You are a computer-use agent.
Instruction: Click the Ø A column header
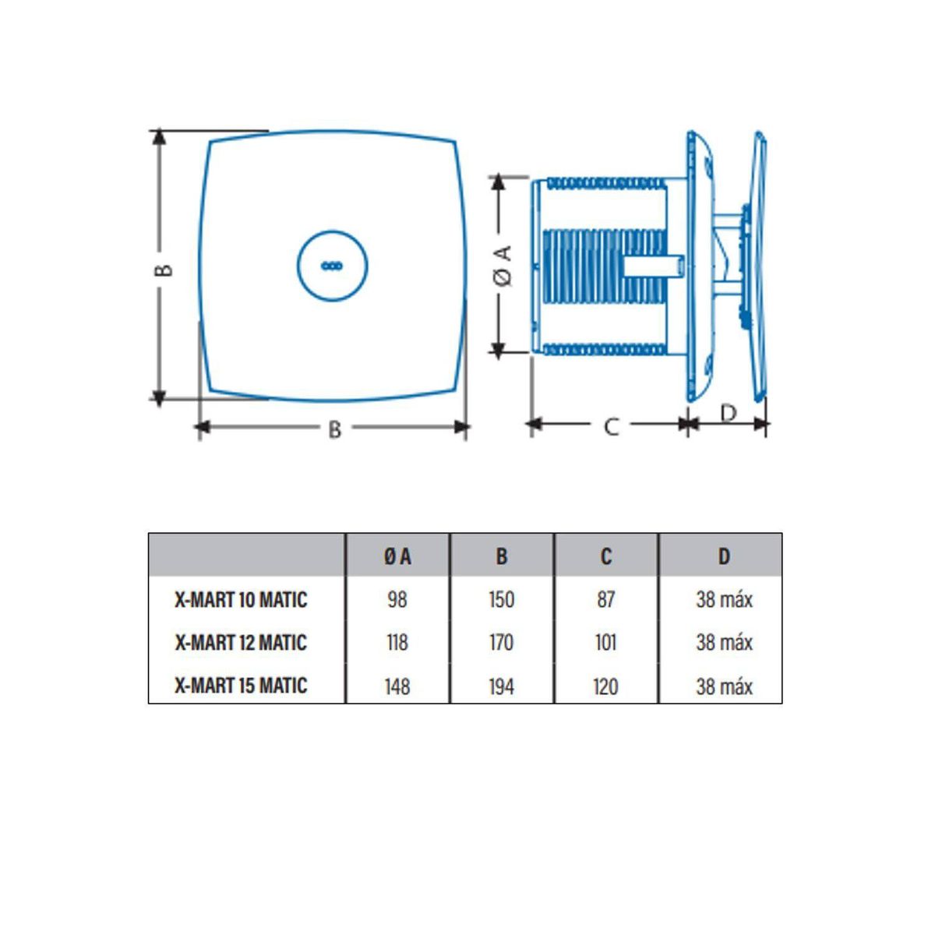397,556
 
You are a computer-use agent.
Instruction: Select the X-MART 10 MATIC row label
241,600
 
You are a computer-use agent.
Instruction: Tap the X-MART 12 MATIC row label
241,643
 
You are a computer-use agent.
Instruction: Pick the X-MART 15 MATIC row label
241,686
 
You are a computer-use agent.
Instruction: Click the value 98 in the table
397,600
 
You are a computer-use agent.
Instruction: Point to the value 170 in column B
501,643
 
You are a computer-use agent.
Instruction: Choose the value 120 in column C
605,686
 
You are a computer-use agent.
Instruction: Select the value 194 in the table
501,686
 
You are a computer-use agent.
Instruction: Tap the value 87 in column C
605,600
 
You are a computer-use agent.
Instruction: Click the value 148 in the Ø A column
397,686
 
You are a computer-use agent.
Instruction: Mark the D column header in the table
724,556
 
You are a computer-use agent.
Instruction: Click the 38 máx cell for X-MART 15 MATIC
724,686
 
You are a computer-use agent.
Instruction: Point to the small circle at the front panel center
332,266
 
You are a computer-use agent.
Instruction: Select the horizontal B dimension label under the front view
334,429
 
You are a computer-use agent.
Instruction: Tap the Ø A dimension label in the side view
504,265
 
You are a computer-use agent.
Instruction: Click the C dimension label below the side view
611,427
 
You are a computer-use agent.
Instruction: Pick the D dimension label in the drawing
728,413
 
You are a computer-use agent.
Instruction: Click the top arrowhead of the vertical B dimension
159,137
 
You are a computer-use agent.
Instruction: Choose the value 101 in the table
605,643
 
